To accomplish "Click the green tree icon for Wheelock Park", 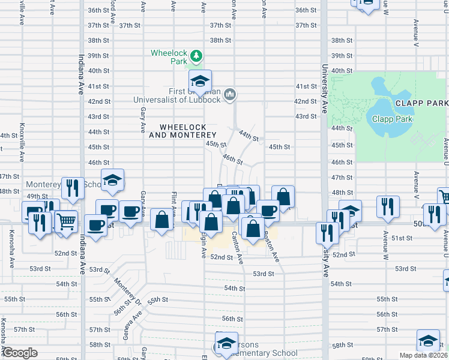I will pos(195,56).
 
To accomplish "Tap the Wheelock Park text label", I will pos(170,53).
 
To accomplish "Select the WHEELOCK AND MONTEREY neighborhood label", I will pos(183,131).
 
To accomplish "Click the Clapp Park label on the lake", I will pos(392,119).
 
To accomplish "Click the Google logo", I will pos(20,353).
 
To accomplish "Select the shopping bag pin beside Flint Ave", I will pos(161,219).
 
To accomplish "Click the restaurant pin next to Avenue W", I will pos(388,206).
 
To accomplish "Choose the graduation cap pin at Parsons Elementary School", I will pos(226,343).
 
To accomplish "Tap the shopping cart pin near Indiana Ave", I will pos(67,220).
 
